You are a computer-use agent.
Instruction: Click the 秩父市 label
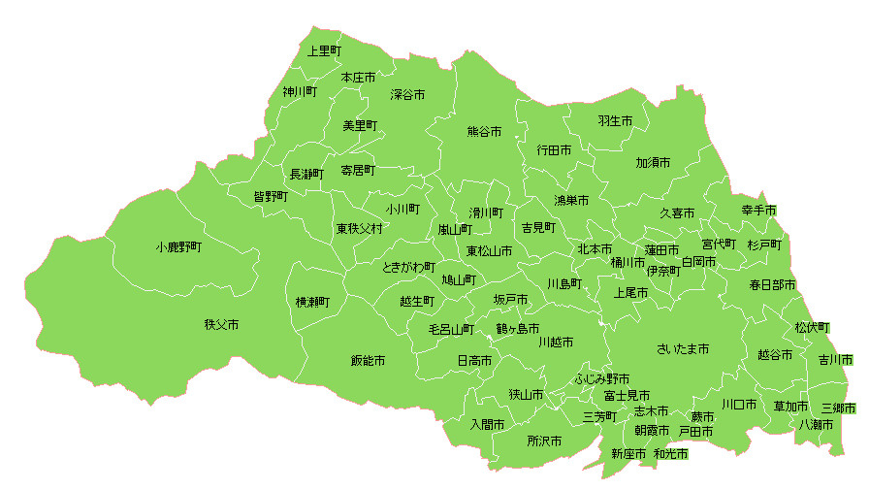221,324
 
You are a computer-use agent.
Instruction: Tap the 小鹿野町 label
178,247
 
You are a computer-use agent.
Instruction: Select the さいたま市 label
683,348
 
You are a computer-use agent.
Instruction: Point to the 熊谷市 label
484,131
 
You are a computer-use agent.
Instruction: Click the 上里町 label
325,50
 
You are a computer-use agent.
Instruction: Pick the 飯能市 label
369,360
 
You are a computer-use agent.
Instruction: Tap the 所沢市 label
544,441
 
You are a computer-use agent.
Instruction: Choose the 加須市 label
653,162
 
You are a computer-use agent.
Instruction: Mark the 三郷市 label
838,408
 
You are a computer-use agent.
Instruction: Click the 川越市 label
556,342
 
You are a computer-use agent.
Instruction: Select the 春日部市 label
772,285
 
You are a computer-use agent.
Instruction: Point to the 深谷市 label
407,95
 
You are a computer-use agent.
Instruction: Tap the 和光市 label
670,453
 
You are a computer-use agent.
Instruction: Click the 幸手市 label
759,211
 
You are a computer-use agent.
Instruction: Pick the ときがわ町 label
408,267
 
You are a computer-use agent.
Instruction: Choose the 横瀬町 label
312,302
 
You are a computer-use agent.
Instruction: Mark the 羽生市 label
615,121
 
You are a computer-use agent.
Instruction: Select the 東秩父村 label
360,229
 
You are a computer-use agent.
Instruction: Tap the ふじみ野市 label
602,378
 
